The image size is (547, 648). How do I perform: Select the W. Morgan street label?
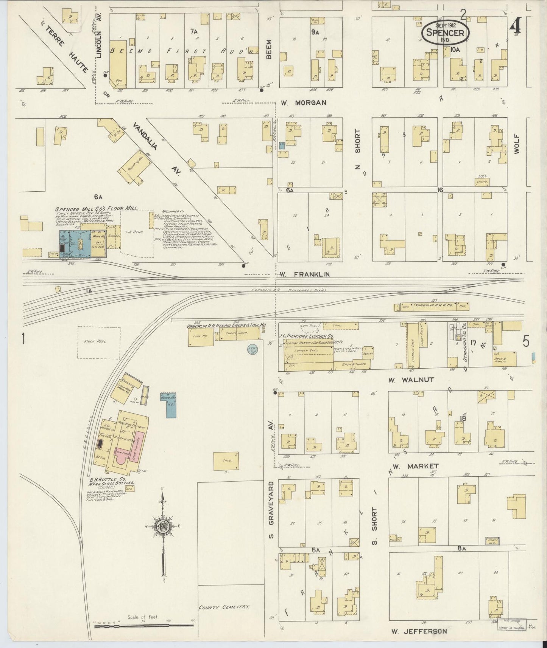[304, 103]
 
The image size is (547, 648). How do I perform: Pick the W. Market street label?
[416, 466]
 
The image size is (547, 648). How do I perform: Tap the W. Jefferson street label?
[419, 631]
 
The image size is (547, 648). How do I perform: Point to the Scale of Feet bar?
[144, 626]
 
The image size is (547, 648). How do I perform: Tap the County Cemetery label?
[224, 607]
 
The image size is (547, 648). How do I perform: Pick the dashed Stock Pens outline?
[99, 342]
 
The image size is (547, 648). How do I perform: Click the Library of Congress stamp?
[511, 625]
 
